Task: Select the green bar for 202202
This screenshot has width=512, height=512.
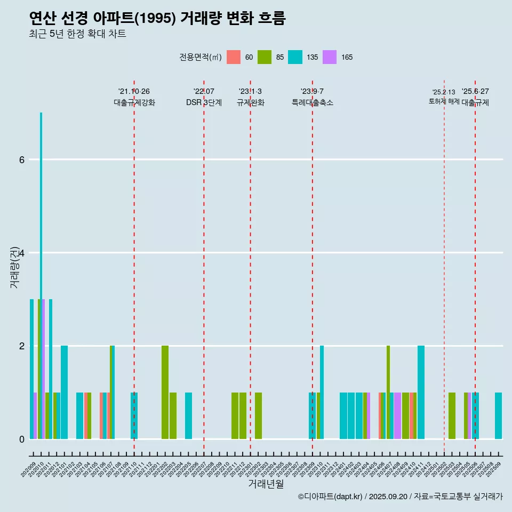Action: pyautogui.click(x=165, y=392)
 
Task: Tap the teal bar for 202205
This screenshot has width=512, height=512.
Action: pyautogui.click(x=188, y=415)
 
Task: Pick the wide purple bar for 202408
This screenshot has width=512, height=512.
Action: pyautogui.click(x=397, y=415)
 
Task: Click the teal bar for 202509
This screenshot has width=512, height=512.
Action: pyautogui.click(x=498, y=415)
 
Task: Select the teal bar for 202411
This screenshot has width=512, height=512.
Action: pyautogui.click(x=421, y=392)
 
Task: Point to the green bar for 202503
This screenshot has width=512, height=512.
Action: pyautogui.click(x=452, y=415)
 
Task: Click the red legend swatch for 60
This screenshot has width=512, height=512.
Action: pyautogui.click(x=234, y=57)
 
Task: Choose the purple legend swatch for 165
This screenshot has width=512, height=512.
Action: pyautogui.click(x=330, y=57)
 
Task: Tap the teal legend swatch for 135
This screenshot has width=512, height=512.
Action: pyautogui.click(x=295, y=57)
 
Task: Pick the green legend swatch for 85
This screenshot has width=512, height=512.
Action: pyautogui.click(x=265, y=57)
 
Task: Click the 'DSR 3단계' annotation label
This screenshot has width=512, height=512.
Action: pyautogui.click(x=204, y=102)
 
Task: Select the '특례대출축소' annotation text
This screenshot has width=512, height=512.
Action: pyautogui.click(x=313, y=102)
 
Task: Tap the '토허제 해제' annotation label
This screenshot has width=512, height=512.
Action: pyautogui.click(x=444, y=101)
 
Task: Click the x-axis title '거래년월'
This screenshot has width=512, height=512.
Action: pyautogui.click(x=266, y=484)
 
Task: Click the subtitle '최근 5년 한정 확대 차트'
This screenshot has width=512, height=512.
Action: pyautogui.click(x=77, y=34)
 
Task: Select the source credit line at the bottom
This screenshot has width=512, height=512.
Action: pyautogui.click(x=400, y=497)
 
